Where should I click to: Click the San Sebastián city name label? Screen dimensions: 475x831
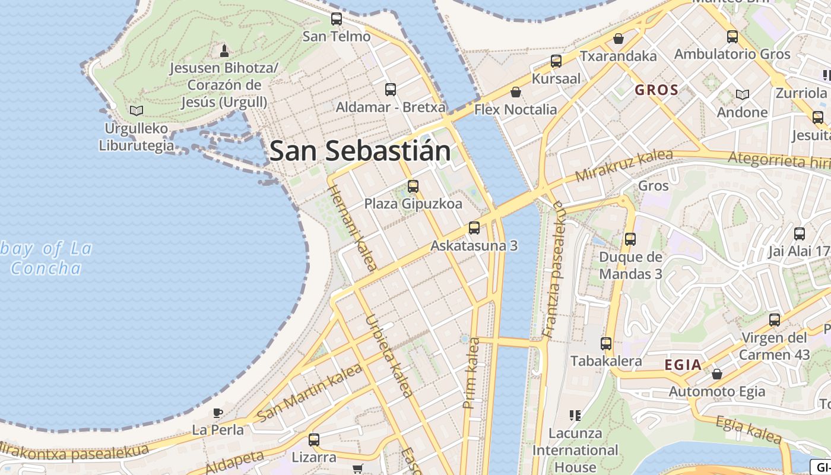[360, 151]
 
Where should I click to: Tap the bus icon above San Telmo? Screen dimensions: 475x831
[337, 19]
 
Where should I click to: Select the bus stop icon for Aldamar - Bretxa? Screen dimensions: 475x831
[391, 90]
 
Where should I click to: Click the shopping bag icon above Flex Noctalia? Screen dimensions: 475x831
[515, 92]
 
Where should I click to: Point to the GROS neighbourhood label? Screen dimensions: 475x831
[656, 90]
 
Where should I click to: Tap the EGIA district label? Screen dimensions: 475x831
[683, 365]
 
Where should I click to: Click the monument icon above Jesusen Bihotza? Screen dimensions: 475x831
[224, 50]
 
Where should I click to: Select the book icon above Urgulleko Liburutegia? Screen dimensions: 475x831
[137, 110]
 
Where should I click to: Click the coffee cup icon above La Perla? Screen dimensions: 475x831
[218, 412]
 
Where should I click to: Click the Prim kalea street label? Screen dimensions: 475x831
[471, 373]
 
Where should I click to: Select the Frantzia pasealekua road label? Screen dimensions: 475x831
[554, 269]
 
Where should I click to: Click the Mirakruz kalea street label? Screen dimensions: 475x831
[624, 165]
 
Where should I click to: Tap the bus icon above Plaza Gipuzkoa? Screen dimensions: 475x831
[413, 186]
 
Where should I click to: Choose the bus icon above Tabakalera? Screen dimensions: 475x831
[605, 344]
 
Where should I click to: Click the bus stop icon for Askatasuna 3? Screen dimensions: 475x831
[474, 228]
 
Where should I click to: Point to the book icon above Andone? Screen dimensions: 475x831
[742, 94]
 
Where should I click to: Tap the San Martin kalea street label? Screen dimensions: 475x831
[310, 393]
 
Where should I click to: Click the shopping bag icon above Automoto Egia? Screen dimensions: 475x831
[716, 374]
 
